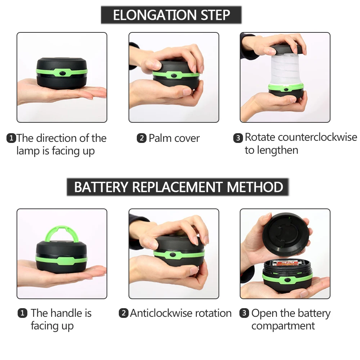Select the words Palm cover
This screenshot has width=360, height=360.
tap(174, 138)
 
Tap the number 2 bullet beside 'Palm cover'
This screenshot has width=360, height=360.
tap(141, 138)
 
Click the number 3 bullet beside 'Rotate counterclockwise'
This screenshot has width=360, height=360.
tap(238, 138)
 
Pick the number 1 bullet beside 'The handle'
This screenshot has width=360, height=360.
tap(22, 313)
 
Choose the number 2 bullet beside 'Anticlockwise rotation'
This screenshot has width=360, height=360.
tap(124, 313)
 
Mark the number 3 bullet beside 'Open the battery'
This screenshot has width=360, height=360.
tap(244, 313)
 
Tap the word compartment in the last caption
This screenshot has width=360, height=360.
tap(283, 326)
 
